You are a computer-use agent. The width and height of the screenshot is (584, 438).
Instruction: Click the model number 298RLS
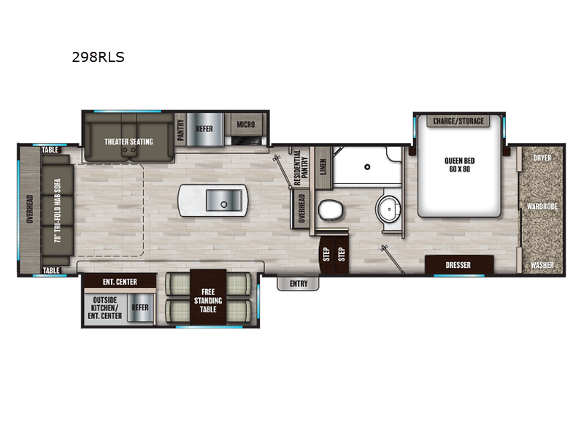click(98, 57)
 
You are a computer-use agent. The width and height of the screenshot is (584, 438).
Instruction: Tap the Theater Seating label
click(128, 142)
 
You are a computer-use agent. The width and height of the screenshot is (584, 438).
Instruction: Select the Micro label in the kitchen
click(246, 124)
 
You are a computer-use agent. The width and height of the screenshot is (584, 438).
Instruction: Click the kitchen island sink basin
click(224, 200)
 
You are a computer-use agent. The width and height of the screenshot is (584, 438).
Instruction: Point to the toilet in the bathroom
click(331, 210)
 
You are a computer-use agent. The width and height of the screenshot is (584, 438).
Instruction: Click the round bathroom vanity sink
click(388, 209)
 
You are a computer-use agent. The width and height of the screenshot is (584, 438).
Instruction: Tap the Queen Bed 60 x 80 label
click(460, 165)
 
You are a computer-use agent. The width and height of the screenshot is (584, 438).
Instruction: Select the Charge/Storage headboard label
click(458, 121)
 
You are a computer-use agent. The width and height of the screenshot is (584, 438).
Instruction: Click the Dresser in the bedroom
click(459, 265)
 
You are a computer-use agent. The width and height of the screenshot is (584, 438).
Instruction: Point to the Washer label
click(542, 265)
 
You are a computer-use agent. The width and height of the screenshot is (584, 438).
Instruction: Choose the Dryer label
click(542, 158)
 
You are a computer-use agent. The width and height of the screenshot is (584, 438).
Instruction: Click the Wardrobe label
click(542, 206)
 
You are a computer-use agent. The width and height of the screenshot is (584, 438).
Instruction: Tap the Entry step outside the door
click(298, 283)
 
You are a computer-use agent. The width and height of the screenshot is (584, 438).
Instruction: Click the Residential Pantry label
click(301, 167)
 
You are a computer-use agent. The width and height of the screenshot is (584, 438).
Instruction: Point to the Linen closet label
click(323, 166)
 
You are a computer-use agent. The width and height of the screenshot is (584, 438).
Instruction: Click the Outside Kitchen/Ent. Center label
click(104, 307)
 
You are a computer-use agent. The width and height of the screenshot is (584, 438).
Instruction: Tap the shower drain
click(367, 167)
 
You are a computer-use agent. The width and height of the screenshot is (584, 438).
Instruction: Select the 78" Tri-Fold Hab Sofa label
click(58, 210)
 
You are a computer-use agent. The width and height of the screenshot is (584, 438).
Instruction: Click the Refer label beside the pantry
click(204, 128)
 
